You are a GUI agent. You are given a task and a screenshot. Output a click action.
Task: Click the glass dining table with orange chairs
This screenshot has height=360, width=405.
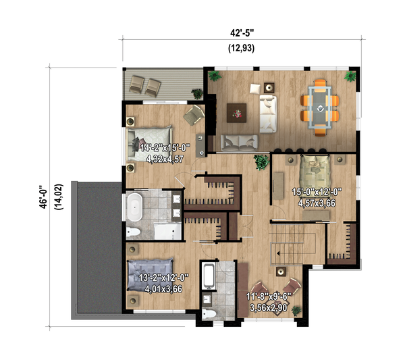tap(319, 105)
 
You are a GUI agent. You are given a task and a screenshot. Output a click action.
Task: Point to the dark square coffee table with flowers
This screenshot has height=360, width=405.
tap(237, 111)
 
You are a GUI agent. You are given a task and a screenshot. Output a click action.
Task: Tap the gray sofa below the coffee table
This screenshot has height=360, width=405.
tap(240, 142)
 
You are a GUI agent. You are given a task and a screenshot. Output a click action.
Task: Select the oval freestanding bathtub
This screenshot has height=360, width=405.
tap(134, 207)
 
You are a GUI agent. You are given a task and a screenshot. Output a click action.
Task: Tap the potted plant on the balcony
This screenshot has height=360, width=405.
tap(196, 91)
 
